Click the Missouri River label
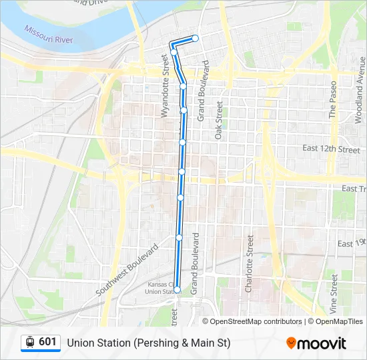click(48, 35)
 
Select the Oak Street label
click(218, 120)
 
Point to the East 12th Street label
click(330, 149)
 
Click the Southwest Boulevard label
click(127, 271)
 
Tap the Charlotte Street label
click(249, 264)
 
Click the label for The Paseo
click(333, 100)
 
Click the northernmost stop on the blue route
click(196, 38)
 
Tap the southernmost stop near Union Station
click(177, 289)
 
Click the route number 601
click(47, 342)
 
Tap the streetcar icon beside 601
click(30, 342)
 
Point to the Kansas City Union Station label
click(160, 288)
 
